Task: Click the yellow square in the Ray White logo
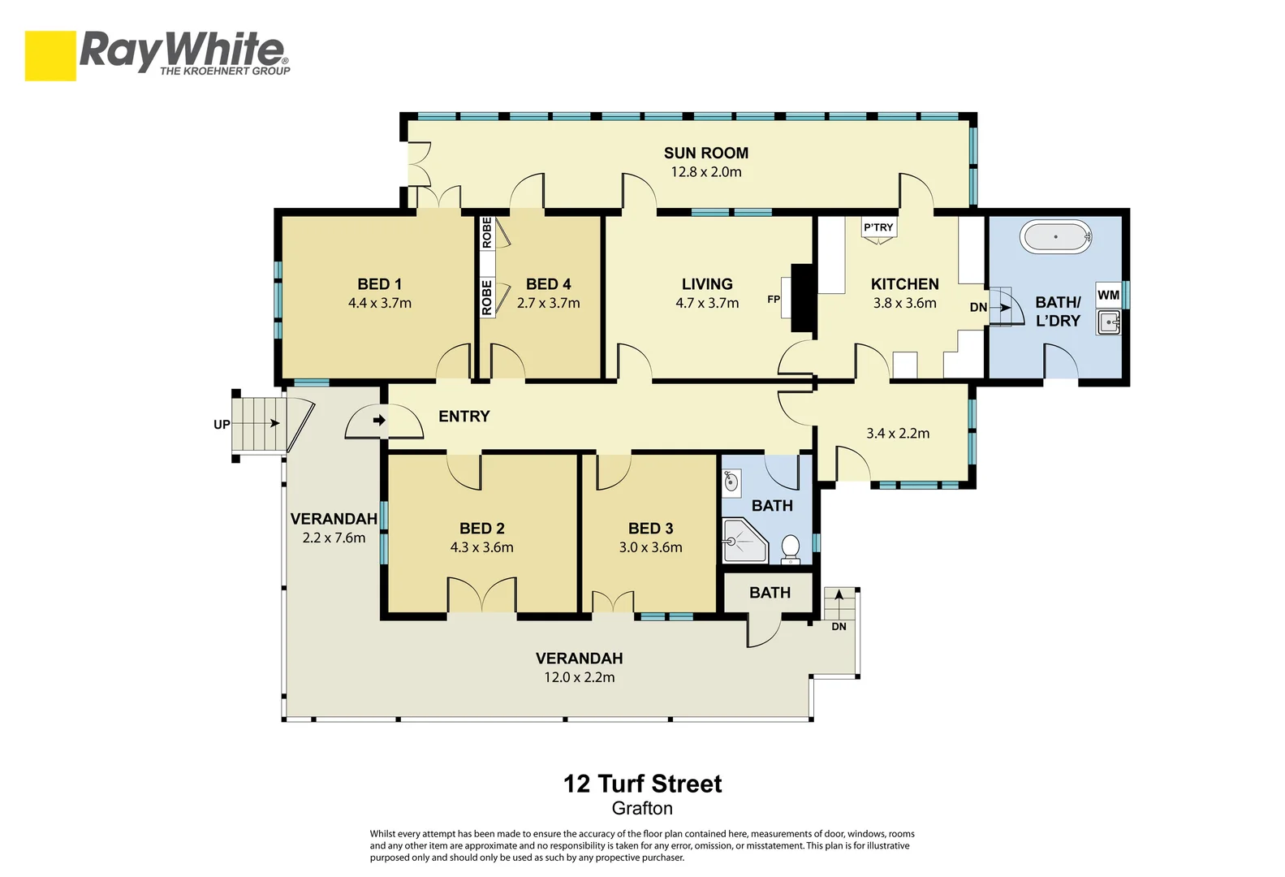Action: coord(50,55)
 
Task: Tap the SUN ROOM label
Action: coord(705,153)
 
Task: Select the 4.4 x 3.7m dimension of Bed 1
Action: coord(379,303)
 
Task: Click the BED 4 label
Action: coord(548,284)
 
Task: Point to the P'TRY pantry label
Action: coord(878,227)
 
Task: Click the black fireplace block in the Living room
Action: coord(802,298)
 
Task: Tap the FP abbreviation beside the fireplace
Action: coord(774,300)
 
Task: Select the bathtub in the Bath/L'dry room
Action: coord(1055,237)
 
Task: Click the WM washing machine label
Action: coord(1108,295)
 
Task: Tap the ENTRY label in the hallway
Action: coord(464,417)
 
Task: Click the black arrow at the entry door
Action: coord(379,420)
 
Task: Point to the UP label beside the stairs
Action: coord(221,424)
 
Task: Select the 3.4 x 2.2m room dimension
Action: coord(897,434)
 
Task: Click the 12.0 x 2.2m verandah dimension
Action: coord(579,677)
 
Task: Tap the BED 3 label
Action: coord(650,529)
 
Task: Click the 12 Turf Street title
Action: coord(642,784)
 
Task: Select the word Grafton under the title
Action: coord(642,808)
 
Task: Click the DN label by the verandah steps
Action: coord(839,626)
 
